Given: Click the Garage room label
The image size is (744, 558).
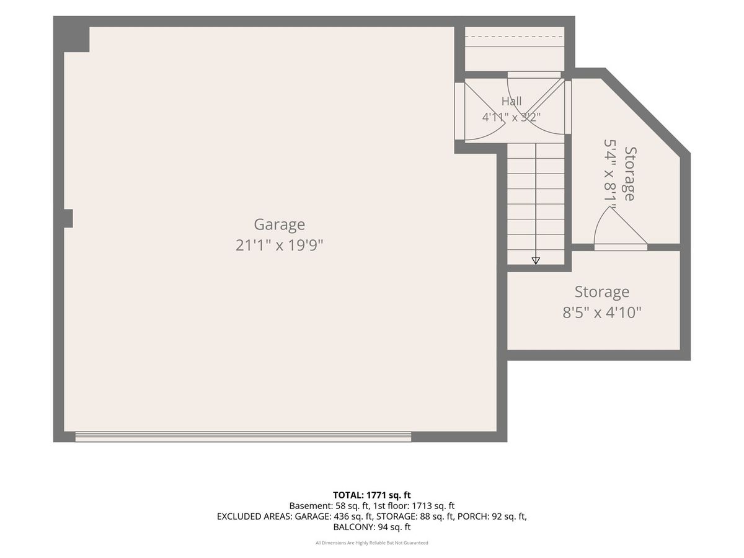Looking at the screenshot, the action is [x=279, y=224].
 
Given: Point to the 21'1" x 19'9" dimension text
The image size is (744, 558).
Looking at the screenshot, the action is [x=279, y=246].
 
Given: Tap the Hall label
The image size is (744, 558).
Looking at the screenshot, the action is [x=511, y=101].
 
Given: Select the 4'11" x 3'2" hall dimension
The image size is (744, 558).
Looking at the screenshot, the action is [x=511, y=117].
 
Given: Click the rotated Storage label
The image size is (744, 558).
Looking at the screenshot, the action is [x=631, y=174].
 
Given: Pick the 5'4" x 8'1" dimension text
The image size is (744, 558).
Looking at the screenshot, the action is [x=610, y=174].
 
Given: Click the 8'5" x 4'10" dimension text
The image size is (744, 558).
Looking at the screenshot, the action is [x=602, y=312].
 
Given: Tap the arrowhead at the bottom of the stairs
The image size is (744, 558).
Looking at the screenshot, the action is [x=536, y=260].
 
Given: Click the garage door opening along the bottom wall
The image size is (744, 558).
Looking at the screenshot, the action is [x=243, y=436].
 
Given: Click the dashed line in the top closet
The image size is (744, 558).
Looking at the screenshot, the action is [x=514, y=37].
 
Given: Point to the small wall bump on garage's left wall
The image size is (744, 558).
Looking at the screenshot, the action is [x=68, y=218].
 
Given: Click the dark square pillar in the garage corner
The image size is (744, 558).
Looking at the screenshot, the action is [x=76, y=39].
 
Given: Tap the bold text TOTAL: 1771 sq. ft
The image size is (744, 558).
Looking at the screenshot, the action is [x=372, y=495].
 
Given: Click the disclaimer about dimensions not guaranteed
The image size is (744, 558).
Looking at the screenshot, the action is [x=372, y=542].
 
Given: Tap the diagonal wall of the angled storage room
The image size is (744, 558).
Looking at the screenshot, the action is [x=645, y=113].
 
